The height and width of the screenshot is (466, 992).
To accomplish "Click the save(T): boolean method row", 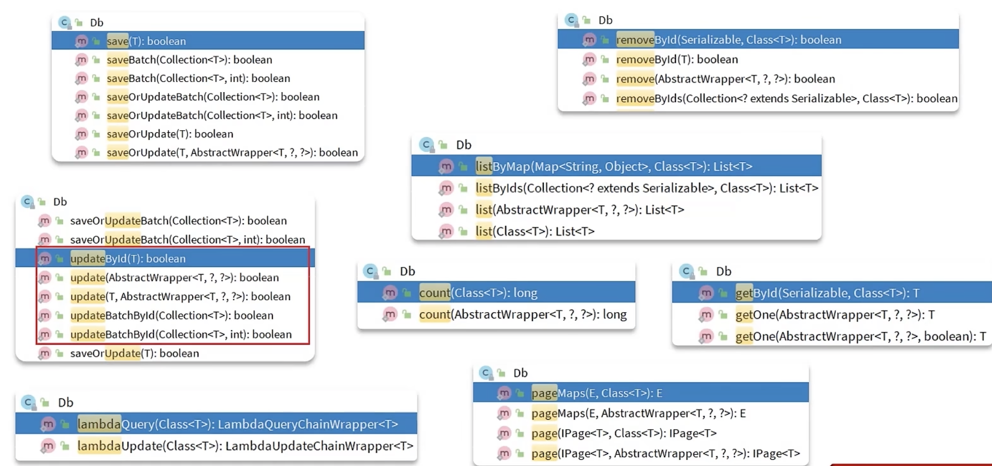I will click(x=146, y=41).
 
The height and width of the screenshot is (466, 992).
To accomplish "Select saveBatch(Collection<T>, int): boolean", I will click(x=198, y=78).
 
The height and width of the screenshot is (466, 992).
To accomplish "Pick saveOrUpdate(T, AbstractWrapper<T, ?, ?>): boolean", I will click(x=232, y=152).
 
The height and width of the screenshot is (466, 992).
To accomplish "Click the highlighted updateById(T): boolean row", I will click(x=128, y=258).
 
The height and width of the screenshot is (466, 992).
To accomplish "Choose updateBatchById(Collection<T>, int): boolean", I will click(x=181, y=334).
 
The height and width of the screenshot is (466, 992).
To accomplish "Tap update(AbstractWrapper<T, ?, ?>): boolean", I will click(x=174, y=277).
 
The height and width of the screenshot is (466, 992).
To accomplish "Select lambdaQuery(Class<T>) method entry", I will click(x=237, y=424).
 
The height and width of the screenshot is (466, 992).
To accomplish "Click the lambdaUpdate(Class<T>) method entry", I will click(x=245, y=445).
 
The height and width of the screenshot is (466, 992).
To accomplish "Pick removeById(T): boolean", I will click(x=677, y=59).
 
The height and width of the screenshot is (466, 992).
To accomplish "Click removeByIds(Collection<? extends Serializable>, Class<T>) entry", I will click(x=786, y=98).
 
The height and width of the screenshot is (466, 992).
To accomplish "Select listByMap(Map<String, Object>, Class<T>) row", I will click(x=614, y=166).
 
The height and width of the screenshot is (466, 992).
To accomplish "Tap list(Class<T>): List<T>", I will click(x=535, y=231).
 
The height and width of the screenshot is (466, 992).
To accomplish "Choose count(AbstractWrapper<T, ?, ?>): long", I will click(x=523, y=314).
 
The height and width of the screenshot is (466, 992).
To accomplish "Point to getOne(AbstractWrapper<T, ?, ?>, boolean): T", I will click(x=861, y=336).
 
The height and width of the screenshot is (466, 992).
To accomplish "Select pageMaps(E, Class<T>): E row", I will click(x=597, y=393).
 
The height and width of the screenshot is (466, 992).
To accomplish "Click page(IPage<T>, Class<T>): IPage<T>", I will click(x=624, y=433).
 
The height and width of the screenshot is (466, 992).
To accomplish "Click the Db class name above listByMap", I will click(x=464, y=145).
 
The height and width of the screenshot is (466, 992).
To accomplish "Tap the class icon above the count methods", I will click(x=370, y=271).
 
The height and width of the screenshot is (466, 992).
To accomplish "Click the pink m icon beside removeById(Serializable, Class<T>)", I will click(x=589, y=40).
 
